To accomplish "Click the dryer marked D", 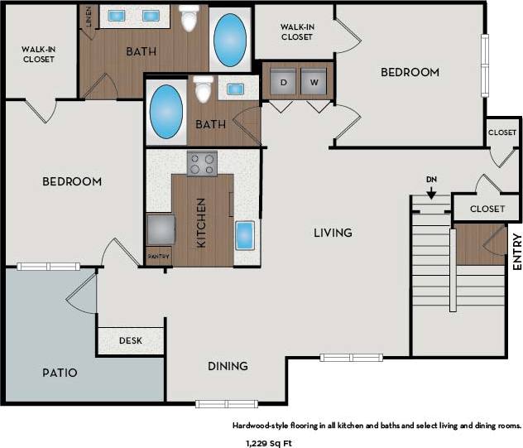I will [284, 82].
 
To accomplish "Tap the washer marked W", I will [314, 82].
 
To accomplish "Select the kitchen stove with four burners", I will [202, 163].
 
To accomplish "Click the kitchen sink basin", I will [246, 234].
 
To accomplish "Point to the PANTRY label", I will [158, 257].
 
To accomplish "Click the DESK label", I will [130, 340].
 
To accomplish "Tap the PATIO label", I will [60, 373].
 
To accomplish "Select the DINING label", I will [227, 366].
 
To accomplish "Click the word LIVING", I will [333, 233].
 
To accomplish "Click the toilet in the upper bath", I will [190, 17].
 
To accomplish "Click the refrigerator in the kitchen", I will [160, 228].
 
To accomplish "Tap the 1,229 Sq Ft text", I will [269, 442].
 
